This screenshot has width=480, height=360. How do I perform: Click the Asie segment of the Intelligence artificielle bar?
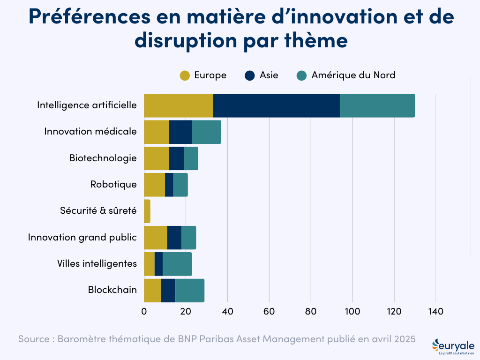[276, 105]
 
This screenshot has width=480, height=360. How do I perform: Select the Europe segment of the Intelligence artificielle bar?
[178, 105]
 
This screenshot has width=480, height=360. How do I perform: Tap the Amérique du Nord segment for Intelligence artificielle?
[377, 105]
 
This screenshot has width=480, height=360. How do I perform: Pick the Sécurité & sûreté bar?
[147, 211]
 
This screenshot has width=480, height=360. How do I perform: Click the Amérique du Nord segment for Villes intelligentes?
[177, 264]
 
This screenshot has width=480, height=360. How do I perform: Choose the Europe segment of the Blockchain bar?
[152, 290]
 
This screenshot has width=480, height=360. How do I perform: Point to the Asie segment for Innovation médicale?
[180, 132]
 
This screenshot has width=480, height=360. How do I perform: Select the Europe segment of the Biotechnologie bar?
[157, 158]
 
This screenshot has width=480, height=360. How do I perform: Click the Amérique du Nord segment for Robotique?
[180, 185]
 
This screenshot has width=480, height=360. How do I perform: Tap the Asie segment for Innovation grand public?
[174, 237]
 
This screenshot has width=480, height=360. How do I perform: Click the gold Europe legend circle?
[185, 75]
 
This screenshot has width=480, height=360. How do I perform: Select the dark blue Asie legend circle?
[250, 75]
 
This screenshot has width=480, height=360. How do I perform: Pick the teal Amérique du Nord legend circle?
[302, 75]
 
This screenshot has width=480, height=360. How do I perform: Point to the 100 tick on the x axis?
[352, 312]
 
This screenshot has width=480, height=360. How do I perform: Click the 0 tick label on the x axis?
[144, 312]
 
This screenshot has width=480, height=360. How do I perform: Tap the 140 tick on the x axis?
[436, 312]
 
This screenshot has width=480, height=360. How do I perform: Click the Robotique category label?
[113, 185]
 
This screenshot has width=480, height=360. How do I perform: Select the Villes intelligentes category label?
[97, 264]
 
